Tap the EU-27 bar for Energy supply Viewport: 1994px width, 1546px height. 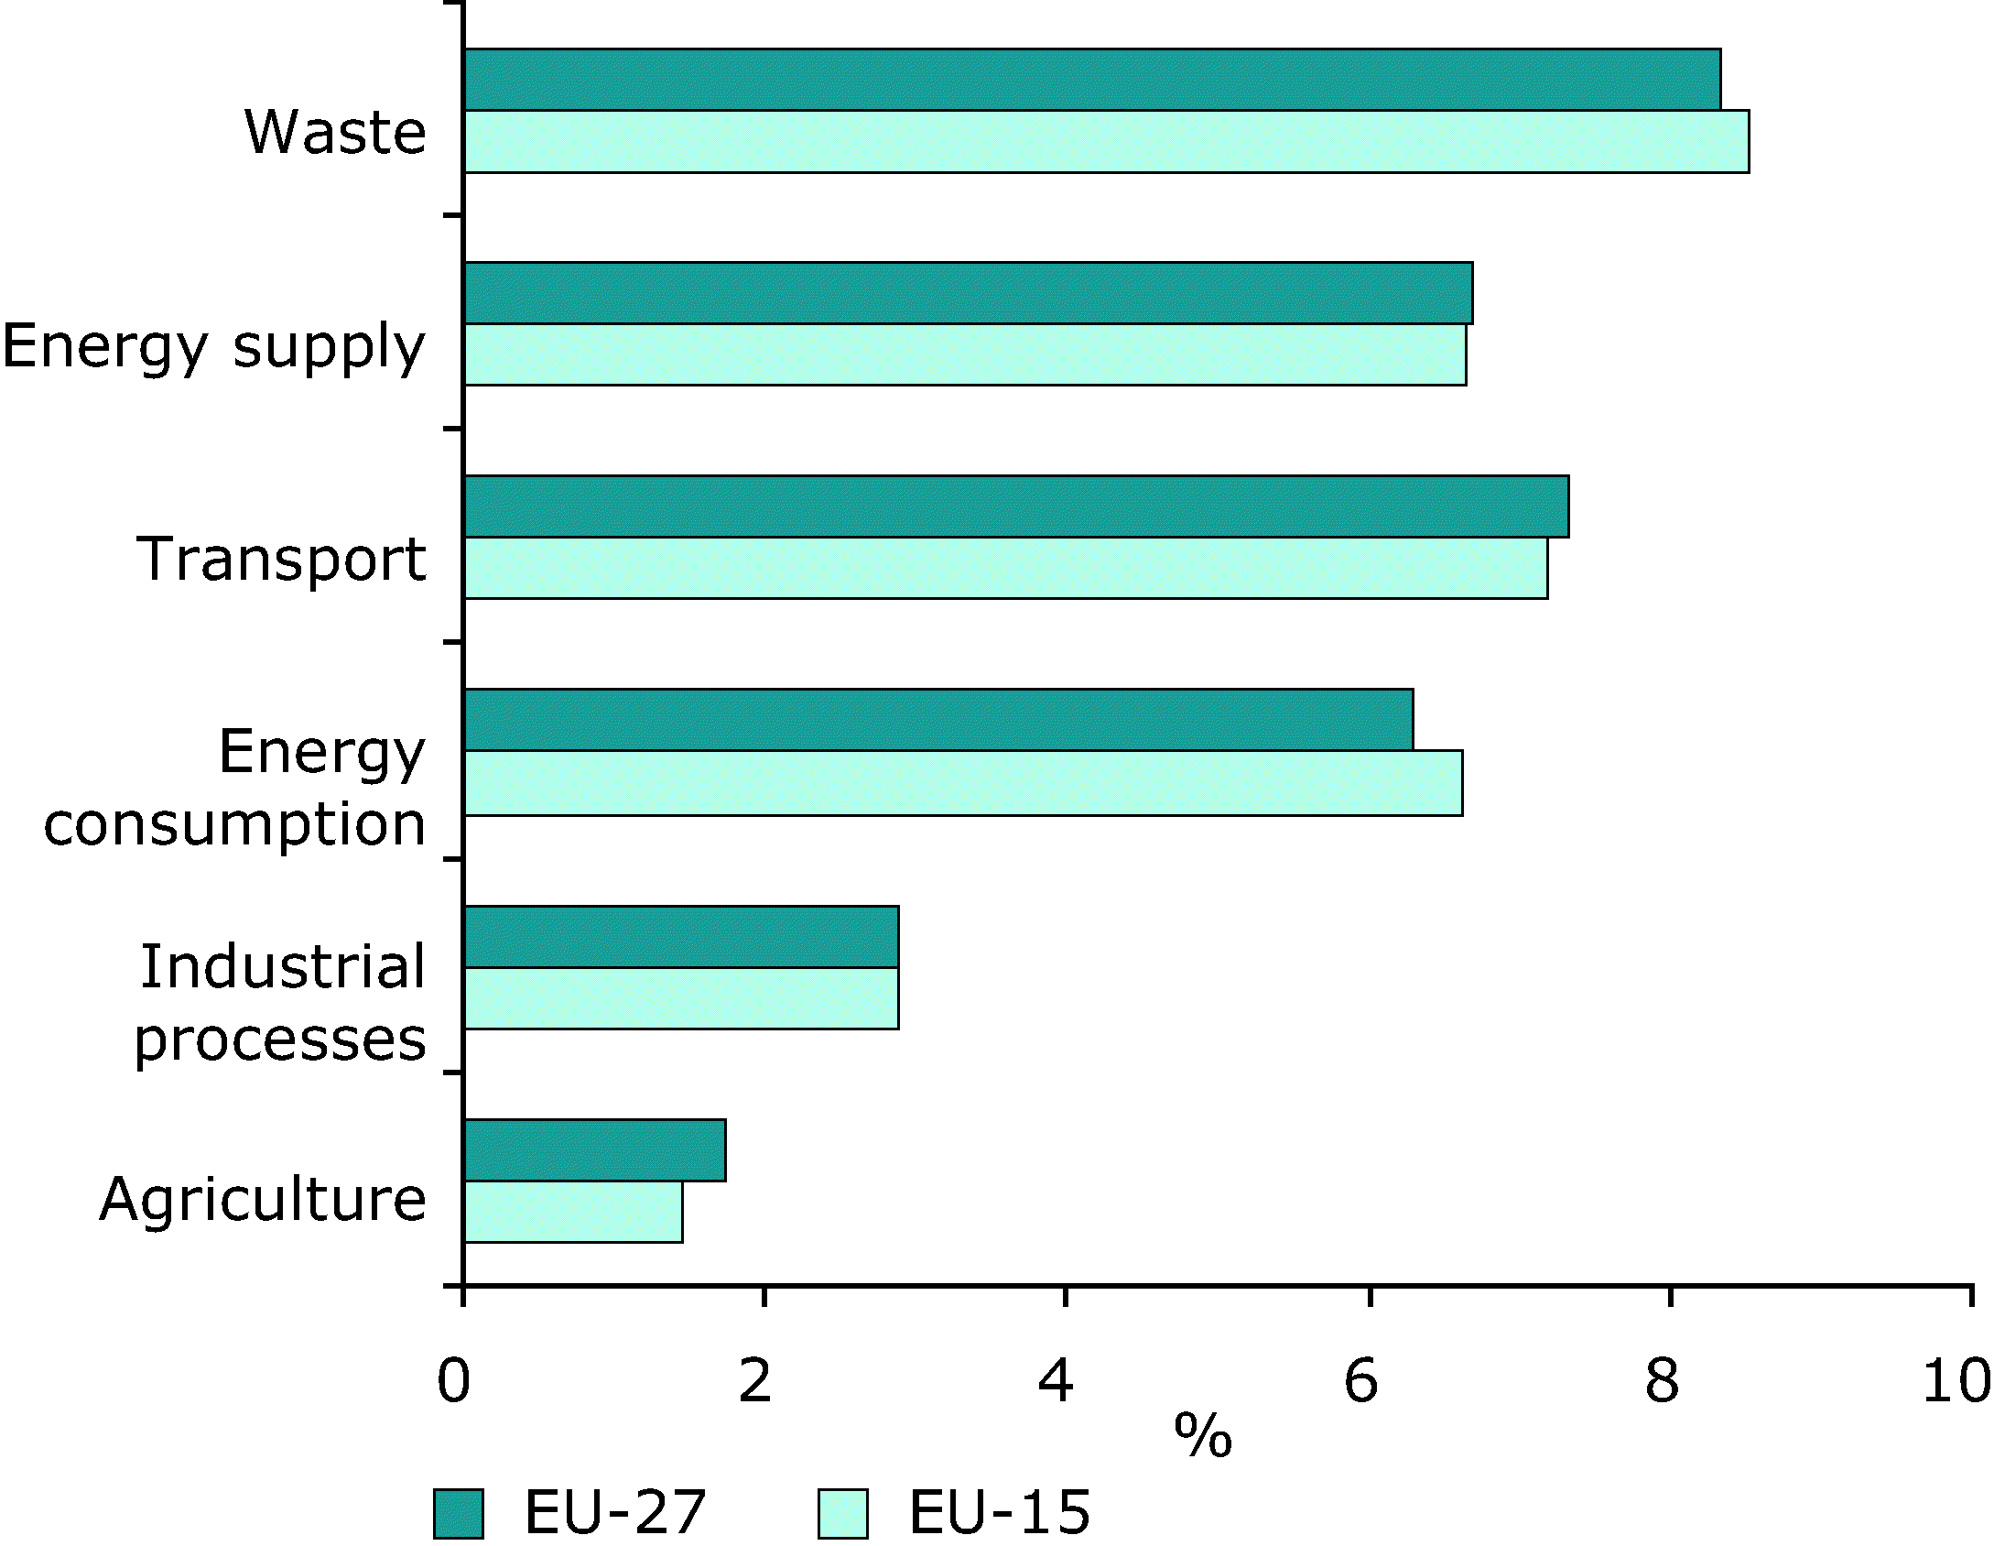(x=969, y=293)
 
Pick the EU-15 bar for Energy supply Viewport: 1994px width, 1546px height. (x=965, y=354)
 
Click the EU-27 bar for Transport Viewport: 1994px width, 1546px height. (x=1016, y=506)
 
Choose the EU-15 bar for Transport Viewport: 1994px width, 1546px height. (x=1006, y=568)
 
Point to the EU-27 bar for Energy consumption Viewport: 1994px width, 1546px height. (x=938, y=720)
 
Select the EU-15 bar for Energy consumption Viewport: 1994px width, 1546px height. (x=963, y=783)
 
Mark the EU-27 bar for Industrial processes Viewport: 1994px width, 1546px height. (x=681, y=937)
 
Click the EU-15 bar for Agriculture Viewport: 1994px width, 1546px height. (x=573, y=1212)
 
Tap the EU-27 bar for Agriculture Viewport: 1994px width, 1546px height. (x=595, y=1150)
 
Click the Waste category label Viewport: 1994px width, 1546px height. (x=336, y=133)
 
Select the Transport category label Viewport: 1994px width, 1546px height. (x=281, y=560)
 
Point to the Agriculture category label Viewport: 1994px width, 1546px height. (x=263, y=1200)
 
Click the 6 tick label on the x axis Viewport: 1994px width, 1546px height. (x=1360, y=1381)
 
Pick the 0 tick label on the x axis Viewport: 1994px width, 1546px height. (x=454, y=1381)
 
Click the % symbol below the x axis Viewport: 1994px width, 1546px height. (x=1203, y=1436)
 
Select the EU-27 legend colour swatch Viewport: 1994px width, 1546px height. (x=459, y=1513)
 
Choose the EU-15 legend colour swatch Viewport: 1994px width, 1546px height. (x=842, y=1513)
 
